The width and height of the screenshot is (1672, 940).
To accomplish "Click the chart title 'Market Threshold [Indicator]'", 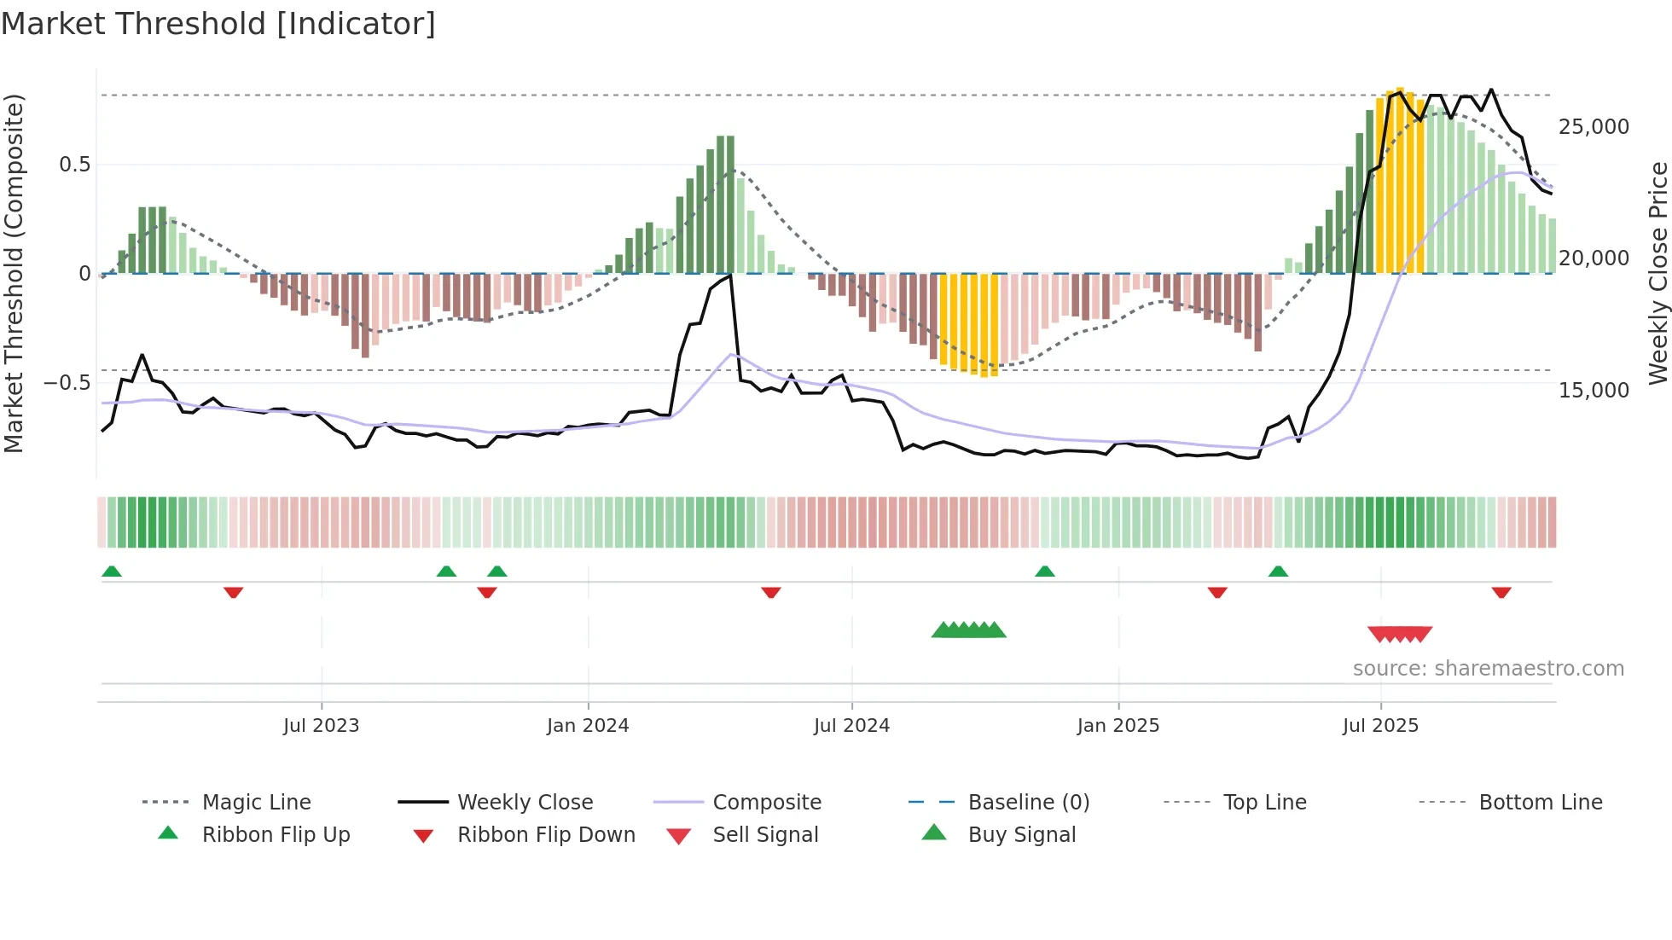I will pos(218,24).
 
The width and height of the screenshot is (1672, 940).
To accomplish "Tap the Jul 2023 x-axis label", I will pos(321,726).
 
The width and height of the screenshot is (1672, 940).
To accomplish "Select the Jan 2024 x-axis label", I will pos(588,726).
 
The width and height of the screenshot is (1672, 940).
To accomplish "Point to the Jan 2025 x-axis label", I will pos(1118,726).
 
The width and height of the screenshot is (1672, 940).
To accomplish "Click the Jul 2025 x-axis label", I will pos(1380,726).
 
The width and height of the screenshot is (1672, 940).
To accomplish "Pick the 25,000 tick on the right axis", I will pos(1594,127).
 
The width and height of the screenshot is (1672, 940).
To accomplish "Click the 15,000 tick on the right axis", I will pos(1594,391).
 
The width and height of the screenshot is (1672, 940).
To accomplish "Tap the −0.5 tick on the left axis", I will pos(67,383).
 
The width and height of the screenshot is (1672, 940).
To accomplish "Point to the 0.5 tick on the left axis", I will pos(74,165).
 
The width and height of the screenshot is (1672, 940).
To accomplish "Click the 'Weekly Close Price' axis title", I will pos(1657,273).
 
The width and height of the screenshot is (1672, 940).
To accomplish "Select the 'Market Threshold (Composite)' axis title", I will pos(14,273).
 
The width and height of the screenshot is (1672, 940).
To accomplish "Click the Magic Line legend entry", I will pos(256,803).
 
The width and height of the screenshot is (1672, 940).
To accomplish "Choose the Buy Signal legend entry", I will pos(1021,835).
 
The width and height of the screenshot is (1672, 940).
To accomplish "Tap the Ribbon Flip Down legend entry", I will pos(546,835).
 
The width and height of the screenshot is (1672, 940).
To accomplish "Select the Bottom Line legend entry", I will pos(1540,803).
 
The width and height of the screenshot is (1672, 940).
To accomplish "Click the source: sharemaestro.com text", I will pos(1488,669).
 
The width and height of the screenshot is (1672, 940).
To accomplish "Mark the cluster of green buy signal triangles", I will pos(968,630).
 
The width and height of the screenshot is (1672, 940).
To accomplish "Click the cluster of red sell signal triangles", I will pos(1400,634).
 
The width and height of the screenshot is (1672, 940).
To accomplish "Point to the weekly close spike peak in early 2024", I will pos(730,276).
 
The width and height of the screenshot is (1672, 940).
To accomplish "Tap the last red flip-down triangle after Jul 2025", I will pos(1501,592).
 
